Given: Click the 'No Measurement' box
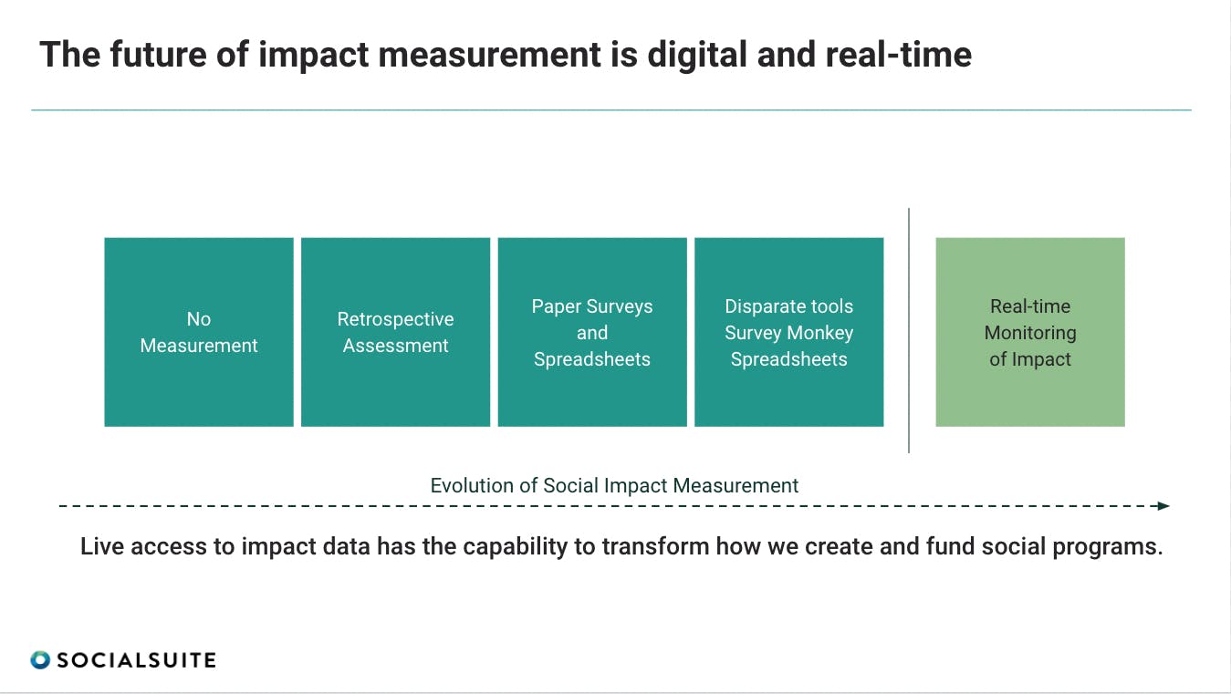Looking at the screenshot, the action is [199, 332].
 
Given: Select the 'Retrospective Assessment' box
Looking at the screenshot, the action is [396, 332].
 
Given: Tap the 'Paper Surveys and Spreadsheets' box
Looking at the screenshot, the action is [592, 332].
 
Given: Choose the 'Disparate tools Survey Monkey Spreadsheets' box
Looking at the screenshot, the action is [789, 332].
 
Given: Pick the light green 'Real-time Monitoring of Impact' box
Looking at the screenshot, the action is [1030, 332].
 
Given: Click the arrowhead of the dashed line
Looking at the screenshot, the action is [1163, 505].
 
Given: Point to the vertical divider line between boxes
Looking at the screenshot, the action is [909, 330].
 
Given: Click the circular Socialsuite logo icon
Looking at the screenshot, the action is [40, 660].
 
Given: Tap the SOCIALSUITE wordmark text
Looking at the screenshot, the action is [136, 660].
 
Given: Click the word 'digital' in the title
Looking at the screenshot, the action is [697, 55].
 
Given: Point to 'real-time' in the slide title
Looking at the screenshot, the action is [899, 55].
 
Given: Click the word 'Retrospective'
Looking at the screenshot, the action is [396, 319].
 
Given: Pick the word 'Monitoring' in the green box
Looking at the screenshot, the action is [1030, 333].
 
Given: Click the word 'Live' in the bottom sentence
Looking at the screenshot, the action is [102, 546].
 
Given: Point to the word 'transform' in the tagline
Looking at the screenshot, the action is [655, 546].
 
